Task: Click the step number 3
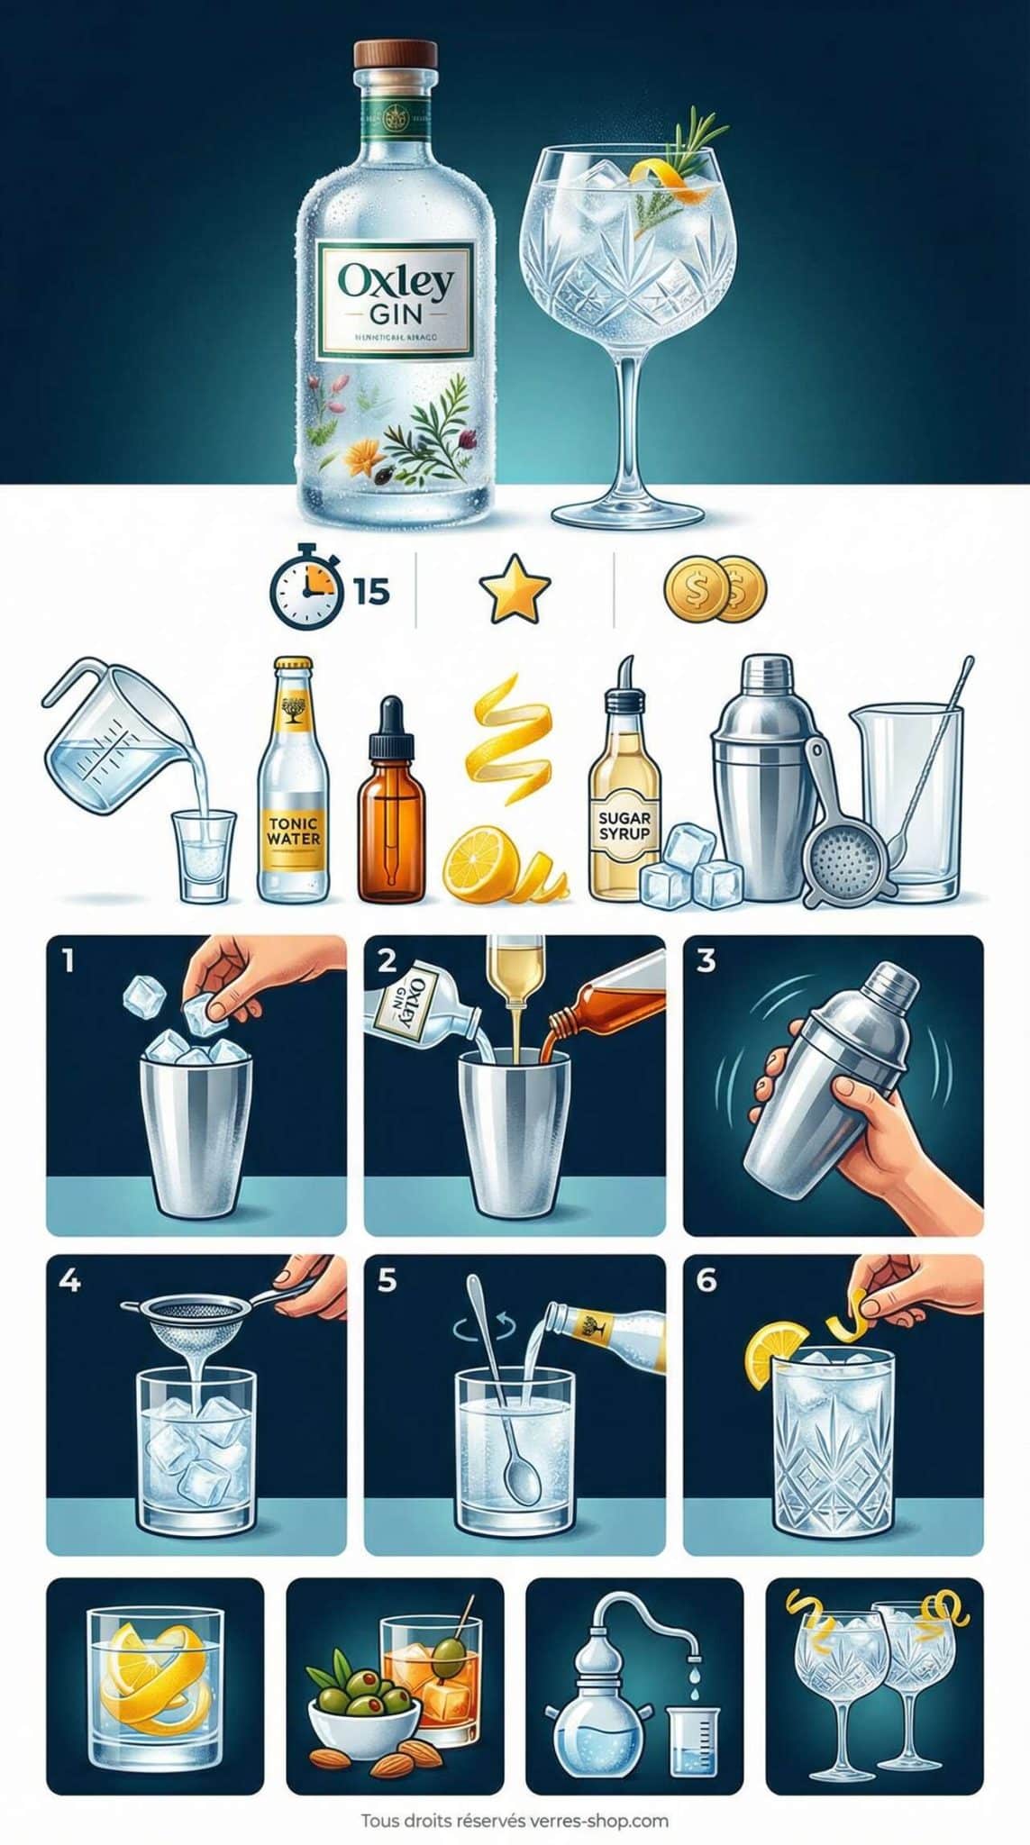point(706,960)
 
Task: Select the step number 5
point(387,1279)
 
